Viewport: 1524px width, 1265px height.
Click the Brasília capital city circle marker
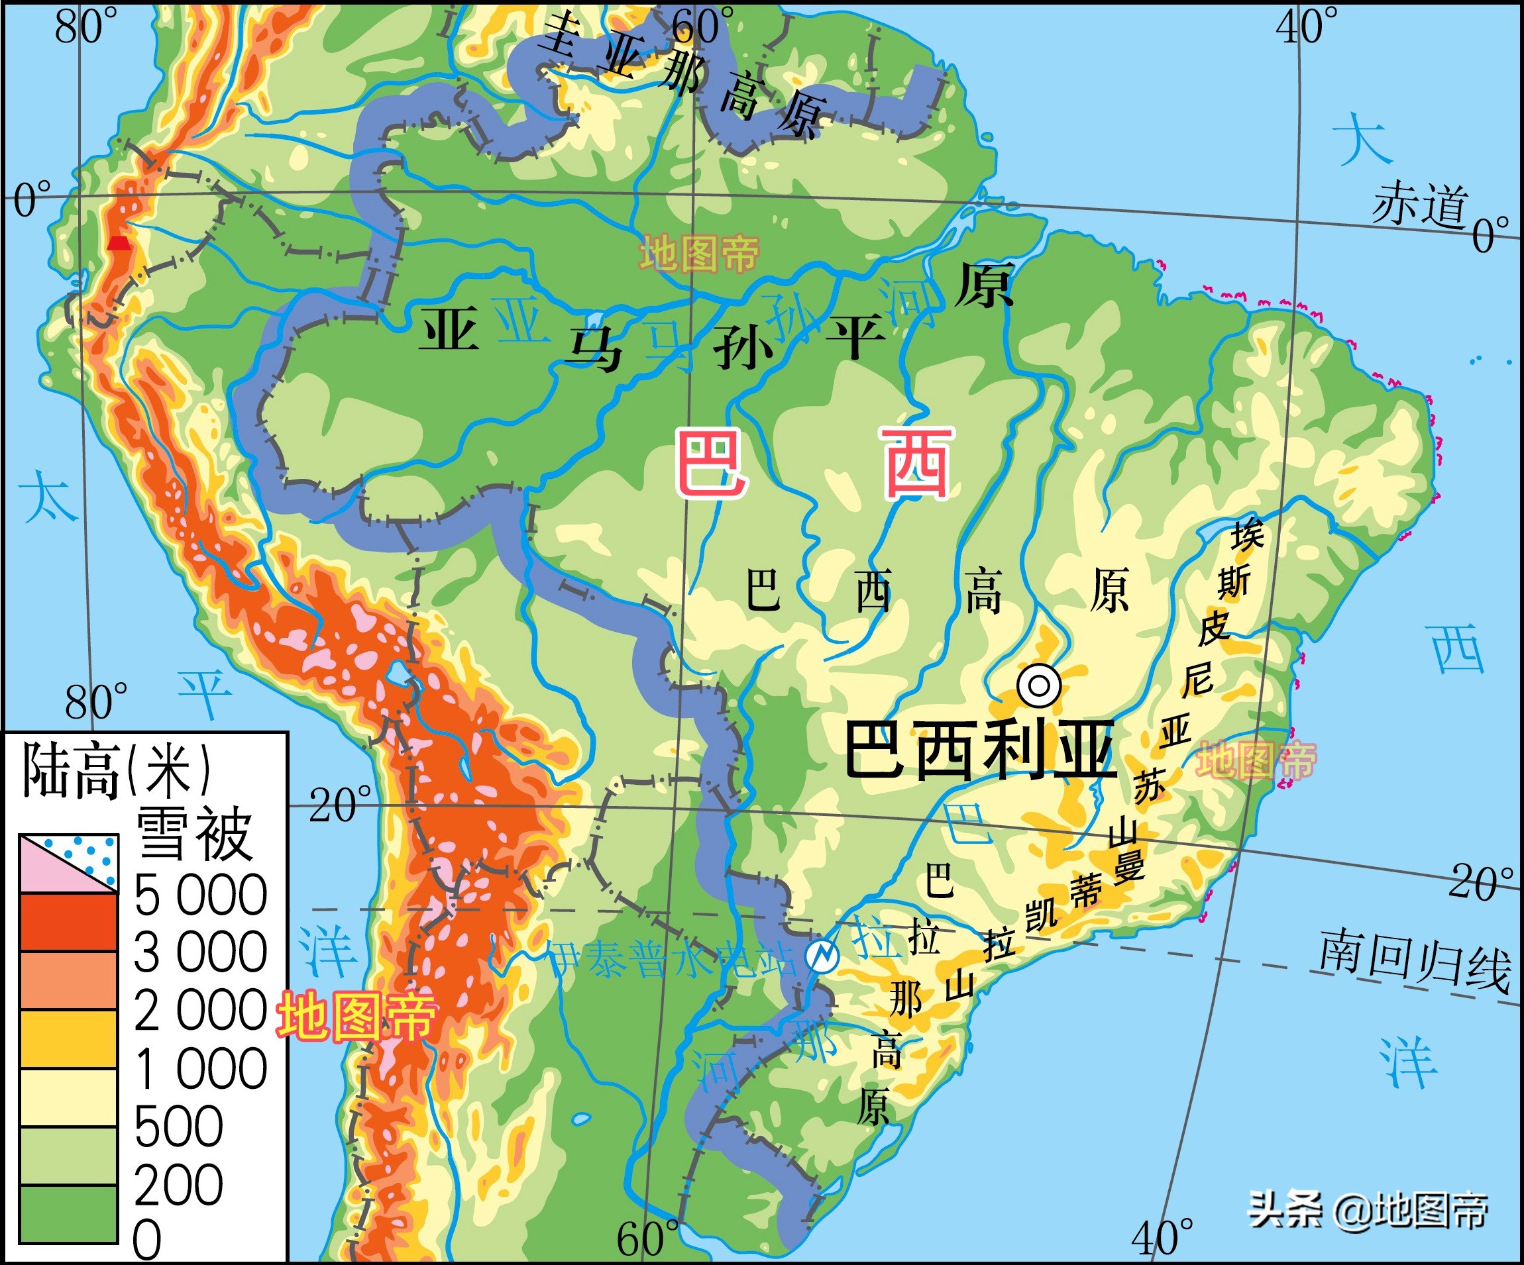coord(1038,684)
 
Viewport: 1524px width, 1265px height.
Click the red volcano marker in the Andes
coord(119,243)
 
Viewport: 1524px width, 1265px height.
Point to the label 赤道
coord(1419,205)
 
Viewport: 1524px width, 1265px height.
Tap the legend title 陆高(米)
coord(116,770)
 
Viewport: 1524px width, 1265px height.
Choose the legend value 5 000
coord(200,894)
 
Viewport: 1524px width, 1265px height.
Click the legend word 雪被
coord(195,834)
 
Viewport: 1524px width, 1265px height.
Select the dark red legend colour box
coord(68,921)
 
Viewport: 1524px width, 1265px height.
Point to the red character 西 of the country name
coord(916,463)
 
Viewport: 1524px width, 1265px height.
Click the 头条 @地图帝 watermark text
coord(1368,1210)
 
